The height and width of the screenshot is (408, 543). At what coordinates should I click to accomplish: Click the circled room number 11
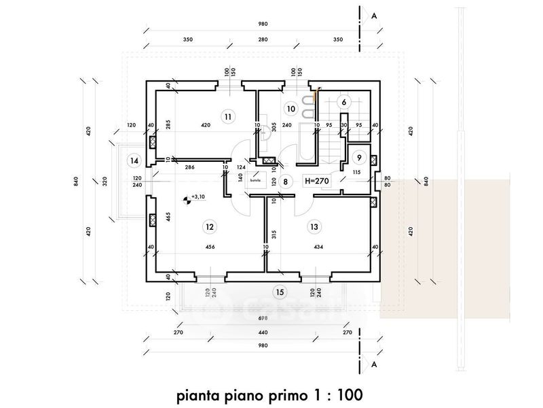click(228, 116)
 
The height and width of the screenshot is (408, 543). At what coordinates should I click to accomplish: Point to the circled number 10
click(291, 108)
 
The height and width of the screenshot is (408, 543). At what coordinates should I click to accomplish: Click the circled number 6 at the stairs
click(344, 102)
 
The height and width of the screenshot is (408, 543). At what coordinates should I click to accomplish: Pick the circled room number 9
click(359, 157)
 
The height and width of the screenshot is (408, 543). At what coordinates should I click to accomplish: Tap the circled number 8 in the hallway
click(286, 182)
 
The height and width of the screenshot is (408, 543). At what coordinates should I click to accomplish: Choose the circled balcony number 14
click(134, 161)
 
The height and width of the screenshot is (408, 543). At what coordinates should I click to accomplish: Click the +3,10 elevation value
click(199, 197)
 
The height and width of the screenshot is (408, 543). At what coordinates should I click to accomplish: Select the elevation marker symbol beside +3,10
click(186, 200)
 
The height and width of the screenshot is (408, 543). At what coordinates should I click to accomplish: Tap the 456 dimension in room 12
click(210, 247)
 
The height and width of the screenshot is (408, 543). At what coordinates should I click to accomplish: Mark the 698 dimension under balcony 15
click(262, 318)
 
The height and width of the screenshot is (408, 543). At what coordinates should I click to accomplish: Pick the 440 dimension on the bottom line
click(262, 334)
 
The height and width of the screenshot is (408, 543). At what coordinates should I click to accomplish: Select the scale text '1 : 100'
click(337, 394)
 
